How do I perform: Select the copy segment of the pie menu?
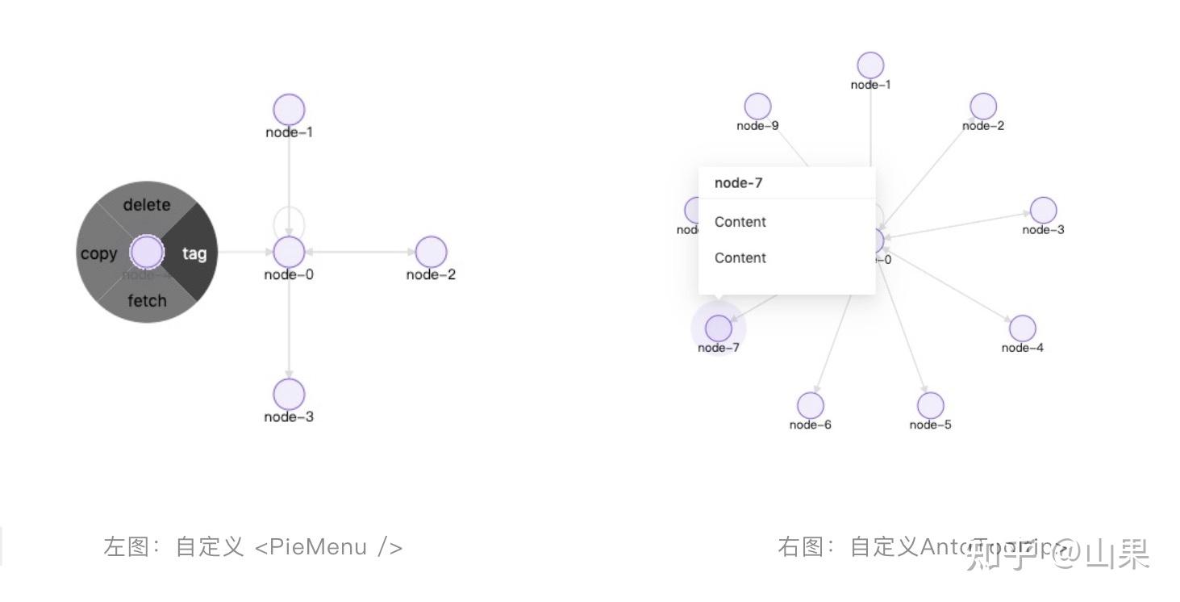tap(98, 253)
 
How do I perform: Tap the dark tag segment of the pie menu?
tap(194, 253)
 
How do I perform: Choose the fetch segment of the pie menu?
tap(147, 301)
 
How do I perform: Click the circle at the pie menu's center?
tap(147, 252)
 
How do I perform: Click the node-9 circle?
tap(757, 107)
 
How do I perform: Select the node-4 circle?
tap(1023, 328)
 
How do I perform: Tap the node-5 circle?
tap(930, 405)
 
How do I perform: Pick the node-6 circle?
tap(811, 405)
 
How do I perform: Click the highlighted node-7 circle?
tap(719, 328)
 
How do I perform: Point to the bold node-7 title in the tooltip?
tap(738, 183)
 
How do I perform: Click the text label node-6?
tap(811, 425)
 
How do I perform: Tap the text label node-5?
tap(930, 425)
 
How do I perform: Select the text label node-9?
tap(757, 126)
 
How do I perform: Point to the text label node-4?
tap(1023, 348)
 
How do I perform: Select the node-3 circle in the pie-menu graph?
tap(289, 395)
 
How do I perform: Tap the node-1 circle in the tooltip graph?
tap(870, 65)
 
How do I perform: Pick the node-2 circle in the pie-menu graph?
tap(431, 252)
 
